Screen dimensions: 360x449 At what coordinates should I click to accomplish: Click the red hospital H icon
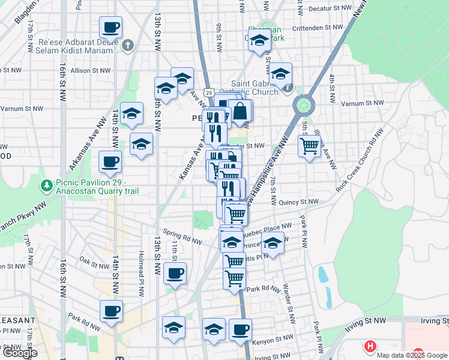click(x=371, y=346)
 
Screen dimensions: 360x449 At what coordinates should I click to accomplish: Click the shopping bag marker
click(x=240, y=112)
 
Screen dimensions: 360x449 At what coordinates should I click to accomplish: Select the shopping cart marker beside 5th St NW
click(x=309, y=145)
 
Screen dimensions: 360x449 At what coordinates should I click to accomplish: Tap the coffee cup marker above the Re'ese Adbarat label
click(x=110, y=28)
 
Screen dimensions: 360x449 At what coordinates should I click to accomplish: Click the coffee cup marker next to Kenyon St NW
click(x=240, y=330)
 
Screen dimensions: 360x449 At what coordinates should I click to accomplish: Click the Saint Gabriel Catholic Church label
click(x=255, y=88)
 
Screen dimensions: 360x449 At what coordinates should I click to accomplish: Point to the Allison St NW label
click(x=91, y=71)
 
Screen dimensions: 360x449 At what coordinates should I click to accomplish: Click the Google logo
click(x=20, y=353)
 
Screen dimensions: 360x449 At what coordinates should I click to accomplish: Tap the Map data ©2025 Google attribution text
click(x=411, y=355)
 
